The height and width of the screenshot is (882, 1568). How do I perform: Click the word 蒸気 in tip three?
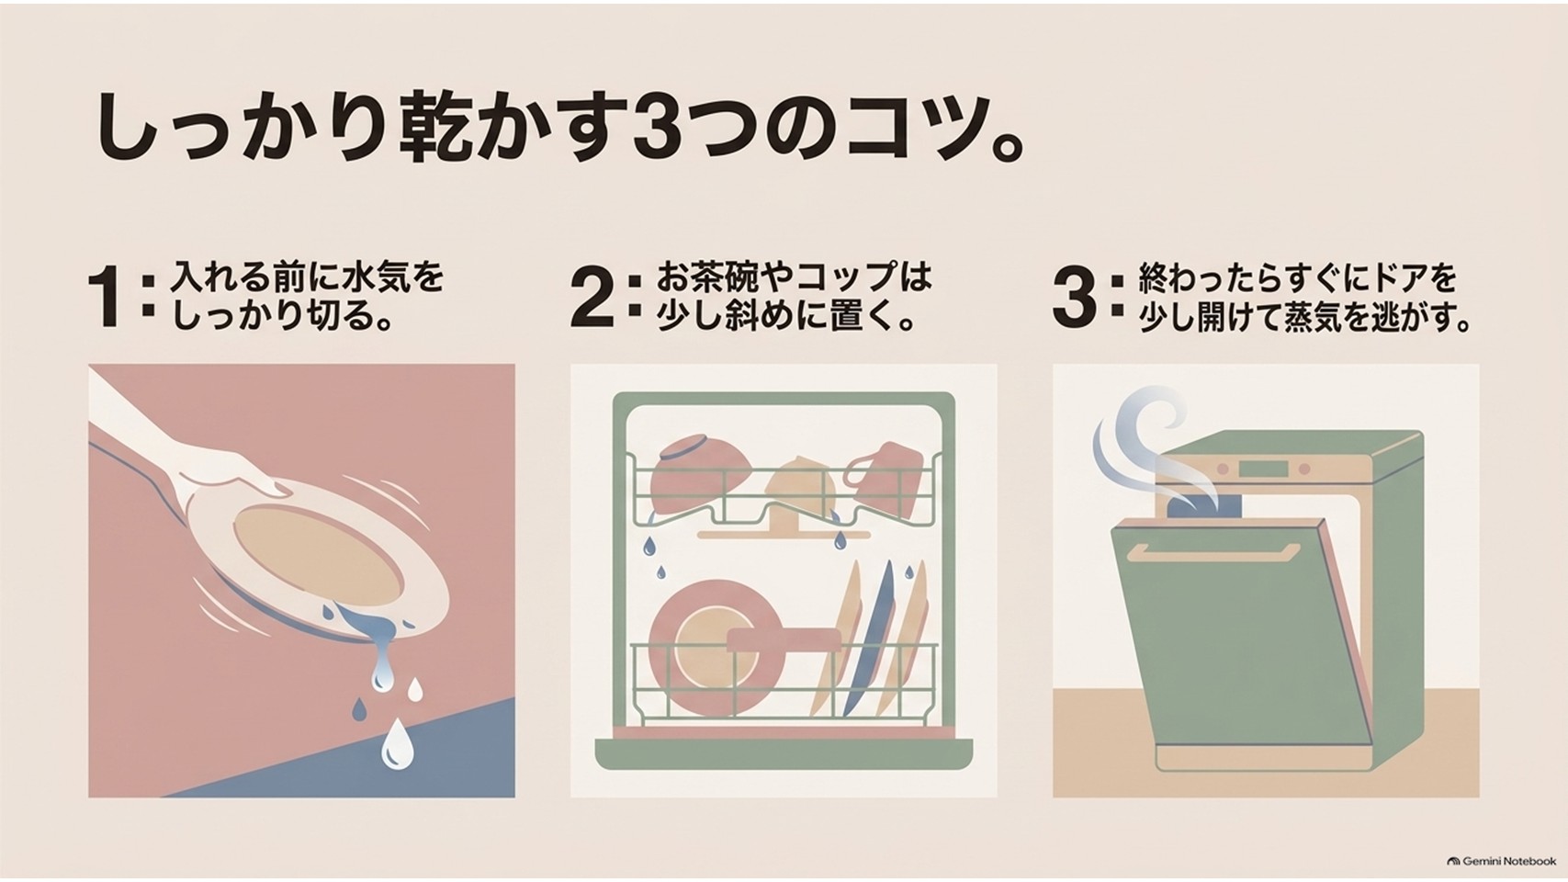point(1320,319)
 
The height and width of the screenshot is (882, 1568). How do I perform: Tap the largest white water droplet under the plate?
point(397,743)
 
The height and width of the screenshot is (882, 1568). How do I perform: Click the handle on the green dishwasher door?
point(1218,553)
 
